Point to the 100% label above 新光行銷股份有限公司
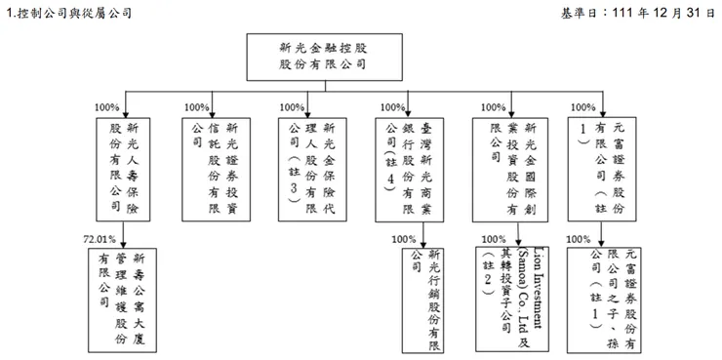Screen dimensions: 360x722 pos(403,237)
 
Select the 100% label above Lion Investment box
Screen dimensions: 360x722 pos(493,237)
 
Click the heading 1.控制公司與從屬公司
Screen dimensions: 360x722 pos(63,12)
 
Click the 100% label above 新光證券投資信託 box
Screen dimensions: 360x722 pos(197,107)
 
